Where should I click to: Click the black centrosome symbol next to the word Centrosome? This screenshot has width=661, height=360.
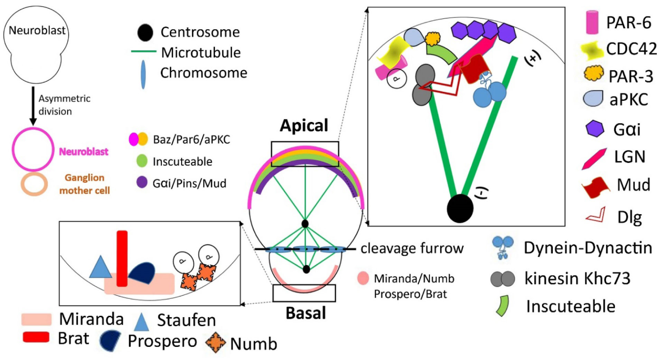(x=145, y=33)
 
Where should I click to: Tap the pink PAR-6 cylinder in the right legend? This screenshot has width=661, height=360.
(x=592, y=22)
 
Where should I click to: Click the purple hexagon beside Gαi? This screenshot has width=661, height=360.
(x=595, y=129)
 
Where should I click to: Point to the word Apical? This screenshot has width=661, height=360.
(x=304, y=125)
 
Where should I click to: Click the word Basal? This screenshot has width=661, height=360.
(x=306, y=313)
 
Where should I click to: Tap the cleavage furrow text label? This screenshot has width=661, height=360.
(x=412, y=248)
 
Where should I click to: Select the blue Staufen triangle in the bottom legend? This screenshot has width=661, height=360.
(x=141, y=322)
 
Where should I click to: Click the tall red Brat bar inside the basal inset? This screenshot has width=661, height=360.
(x=122, y=258)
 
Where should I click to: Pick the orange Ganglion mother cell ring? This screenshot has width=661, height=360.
(x=34, y=184)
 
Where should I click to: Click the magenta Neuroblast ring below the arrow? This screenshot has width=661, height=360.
(x=33, y=149)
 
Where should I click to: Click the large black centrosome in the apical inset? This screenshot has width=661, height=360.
(x=460, y=208)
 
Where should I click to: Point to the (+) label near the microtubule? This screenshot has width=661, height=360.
(x=533, y=58)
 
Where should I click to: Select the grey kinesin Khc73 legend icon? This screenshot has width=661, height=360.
(x=502, y=278)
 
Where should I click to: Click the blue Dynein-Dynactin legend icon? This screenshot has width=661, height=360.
(x=502, y=247)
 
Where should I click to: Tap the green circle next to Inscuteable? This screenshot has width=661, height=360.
(x=142, y=161)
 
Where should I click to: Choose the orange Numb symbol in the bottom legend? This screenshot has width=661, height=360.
(x=215, y=342)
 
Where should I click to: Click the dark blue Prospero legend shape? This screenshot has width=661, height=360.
(x=110, y=341)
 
